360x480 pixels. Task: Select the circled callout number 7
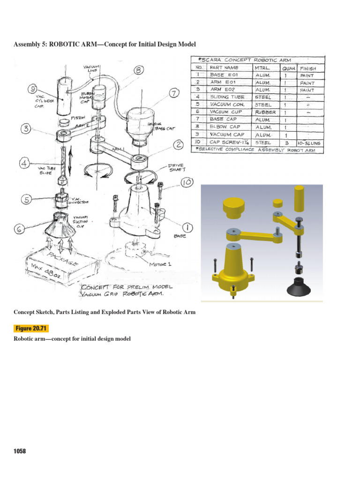(x=173, y=93)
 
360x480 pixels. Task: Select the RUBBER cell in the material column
(x=265, y=112)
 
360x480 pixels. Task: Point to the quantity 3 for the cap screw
(x=286, y=142)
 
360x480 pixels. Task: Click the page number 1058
(x=20, y=451)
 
